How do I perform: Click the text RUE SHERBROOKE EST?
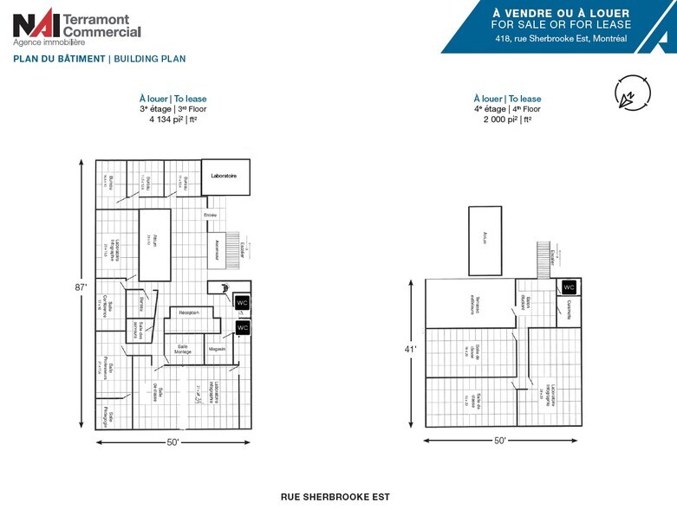tap(335, 497)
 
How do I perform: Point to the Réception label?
tap(189, 312)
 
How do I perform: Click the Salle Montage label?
tap(183, 348)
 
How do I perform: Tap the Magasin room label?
tap(217, 349)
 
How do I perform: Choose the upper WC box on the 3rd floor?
tap(242, 302)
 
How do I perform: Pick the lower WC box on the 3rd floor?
tap(243, 328)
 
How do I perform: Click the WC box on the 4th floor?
tap(569, 287)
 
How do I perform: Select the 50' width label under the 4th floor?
tap(500, 441)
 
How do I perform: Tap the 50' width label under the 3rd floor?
tap(173, 442)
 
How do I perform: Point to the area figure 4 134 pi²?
tap(173, 120)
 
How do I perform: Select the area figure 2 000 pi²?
tap(507, 120)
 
